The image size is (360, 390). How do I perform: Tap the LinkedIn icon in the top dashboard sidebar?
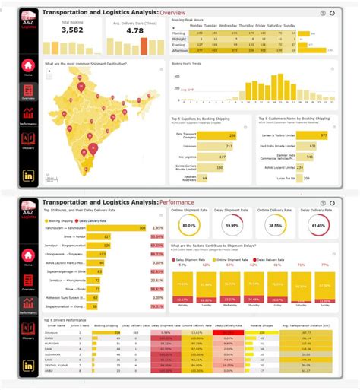[27, 176]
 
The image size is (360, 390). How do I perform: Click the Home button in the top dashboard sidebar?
[27, 68]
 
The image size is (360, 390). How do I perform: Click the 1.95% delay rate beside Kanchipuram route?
[158, 228]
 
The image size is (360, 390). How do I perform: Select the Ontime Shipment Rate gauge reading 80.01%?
[189, 225]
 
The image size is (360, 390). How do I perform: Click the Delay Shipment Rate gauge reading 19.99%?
[233, 225]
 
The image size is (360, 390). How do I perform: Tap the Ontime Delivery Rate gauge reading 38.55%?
[276, 225]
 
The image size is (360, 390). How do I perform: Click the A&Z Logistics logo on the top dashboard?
[27, 21]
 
